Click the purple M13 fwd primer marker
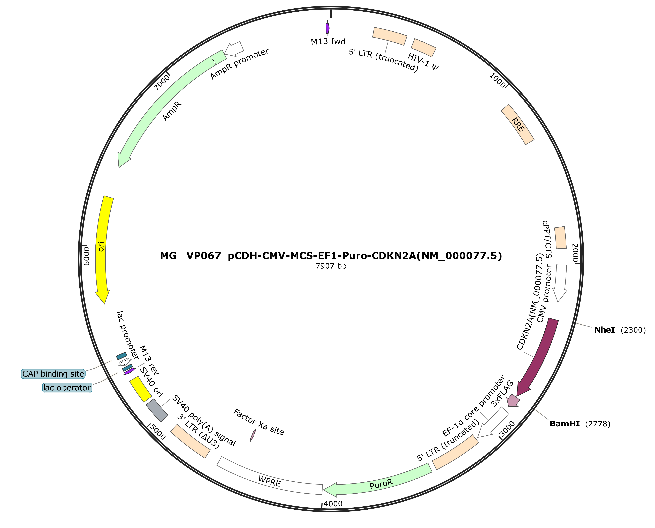(x=327, y=28)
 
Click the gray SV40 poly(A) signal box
(x=157, y=410)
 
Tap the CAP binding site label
(x=53, y=374)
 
